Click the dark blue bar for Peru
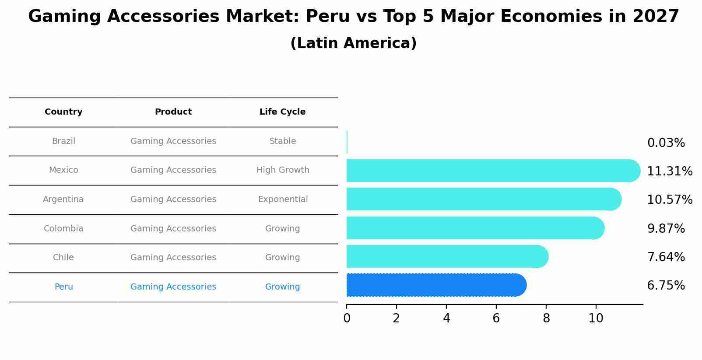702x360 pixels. pos(435,285)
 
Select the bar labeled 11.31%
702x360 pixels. pos(492,171)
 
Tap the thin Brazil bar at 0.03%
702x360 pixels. pos(347,142)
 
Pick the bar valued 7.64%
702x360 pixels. pos(446,256)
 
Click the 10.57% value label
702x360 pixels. pos(669,200)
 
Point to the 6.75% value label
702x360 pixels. pos(666,286)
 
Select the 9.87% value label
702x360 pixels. pos(666,228)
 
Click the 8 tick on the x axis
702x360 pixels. pos(546,318)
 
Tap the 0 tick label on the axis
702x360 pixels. pos(347,318)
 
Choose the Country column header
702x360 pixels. pos(63,112)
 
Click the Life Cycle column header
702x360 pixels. pos(282,112)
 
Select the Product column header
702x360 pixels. pos(173,112)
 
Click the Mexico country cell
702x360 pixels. pos(63,170)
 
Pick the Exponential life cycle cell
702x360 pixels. pos(283,199)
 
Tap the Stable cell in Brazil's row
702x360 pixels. pos(283,141)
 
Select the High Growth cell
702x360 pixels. pos(283,170)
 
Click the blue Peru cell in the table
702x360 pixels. pos(63,287)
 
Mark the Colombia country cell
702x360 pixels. pos(63,229)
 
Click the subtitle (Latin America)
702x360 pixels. pos(353,43)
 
